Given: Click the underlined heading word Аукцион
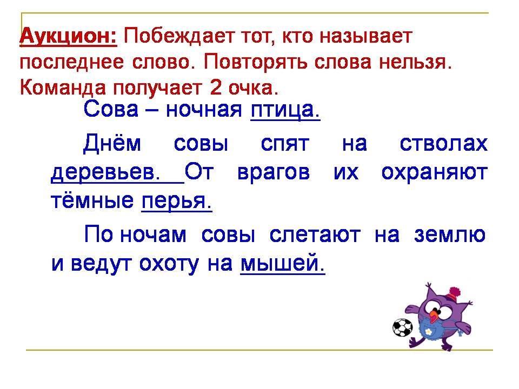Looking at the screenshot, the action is pos(68,36).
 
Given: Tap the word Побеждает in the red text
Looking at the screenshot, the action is pos(174,36).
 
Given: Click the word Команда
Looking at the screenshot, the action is pos(63,88).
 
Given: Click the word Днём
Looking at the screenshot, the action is pos(112,144).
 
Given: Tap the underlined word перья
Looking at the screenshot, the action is pos(177,201).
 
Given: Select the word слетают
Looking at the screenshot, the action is pos(315,235).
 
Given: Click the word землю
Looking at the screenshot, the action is pos(449,235).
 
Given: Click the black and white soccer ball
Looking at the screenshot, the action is pos(402,327).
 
